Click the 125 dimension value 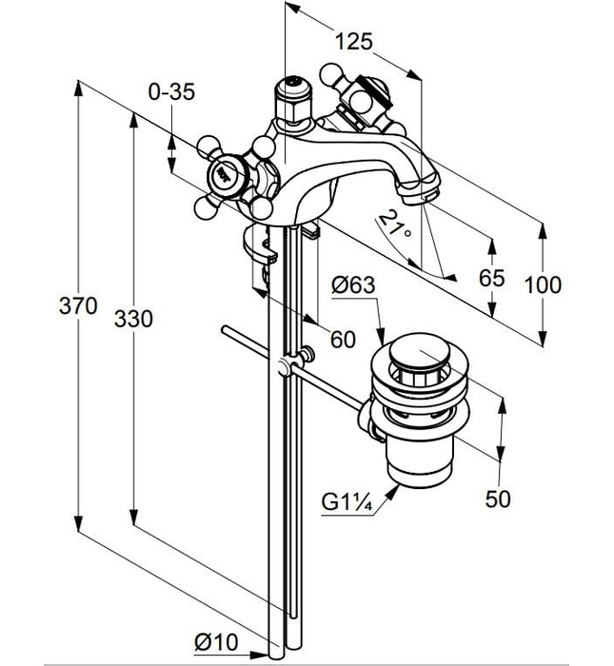(x=353, y=41)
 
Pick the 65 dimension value (x=491, y=278)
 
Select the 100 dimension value (x=543, y=284)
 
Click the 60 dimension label (x=342, y=339)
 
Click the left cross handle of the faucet (x=226, y=175)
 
